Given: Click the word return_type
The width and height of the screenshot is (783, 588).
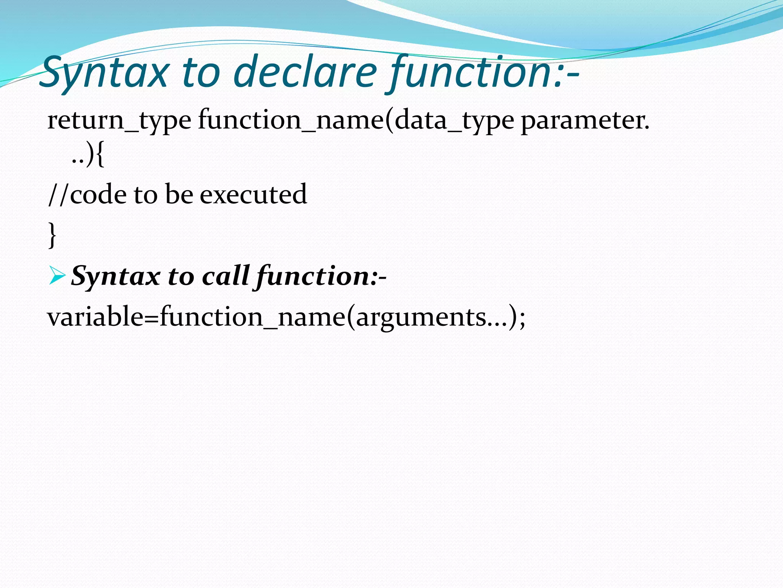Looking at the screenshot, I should tap(119, 121).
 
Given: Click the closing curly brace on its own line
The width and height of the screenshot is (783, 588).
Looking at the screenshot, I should tap(52, 235).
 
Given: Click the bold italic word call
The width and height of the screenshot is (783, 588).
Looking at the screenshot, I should tap(226, 276).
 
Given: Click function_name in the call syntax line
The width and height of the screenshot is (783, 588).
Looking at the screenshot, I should tap(252, 317).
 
